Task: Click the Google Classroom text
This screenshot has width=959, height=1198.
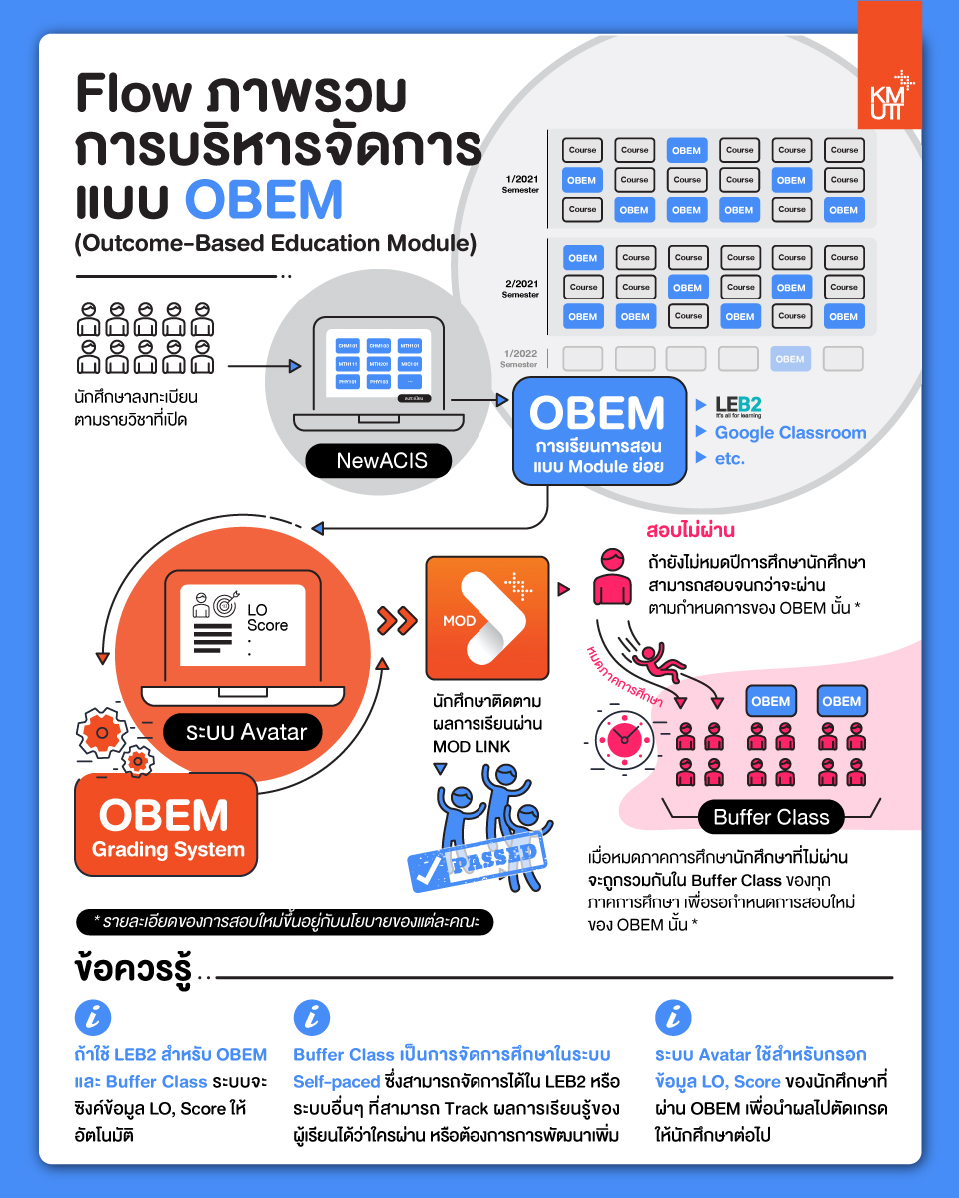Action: point(790,433)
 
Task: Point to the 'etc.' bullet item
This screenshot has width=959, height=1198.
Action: point(729,459)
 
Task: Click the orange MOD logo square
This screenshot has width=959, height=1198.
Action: point(487,618)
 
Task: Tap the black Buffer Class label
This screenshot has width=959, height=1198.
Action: point(771,817)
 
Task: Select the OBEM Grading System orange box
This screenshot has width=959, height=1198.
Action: point(167,826)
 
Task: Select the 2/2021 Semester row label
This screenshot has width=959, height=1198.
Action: point(521,288)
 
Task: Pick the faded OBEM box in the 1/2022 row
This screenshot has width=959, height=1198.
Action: point(790,359)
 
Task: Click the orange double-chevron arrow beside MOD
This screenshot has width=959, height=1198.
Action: point(397,620)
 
